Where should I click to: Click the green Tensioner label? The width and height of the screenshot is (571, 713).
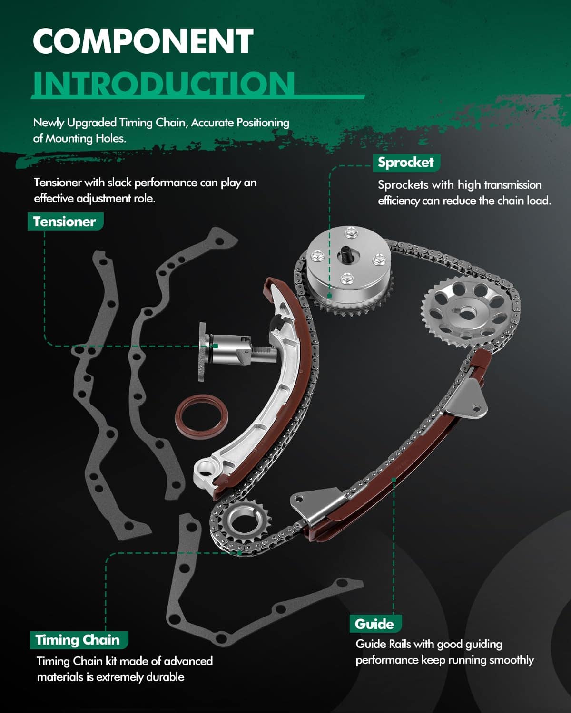click(x=64, y=222)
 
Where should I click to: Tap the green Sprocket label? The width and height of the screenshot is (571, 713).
click(x=405, y=163)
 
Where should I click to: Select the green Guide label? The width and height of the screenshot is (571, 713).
click(x=374, y=624)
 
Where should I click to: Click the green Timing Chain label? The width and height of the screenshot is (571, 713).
click(x=78, y=640)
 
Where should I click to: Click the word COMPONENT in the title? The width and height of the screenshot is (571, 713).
click(x=143, y=41)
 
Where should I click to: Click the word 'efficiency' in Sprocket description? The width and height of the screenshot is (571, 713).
click(x=398, y=201)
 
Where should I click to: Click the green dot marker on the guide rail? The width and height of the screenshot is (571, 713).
click(x=394, y=480)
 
